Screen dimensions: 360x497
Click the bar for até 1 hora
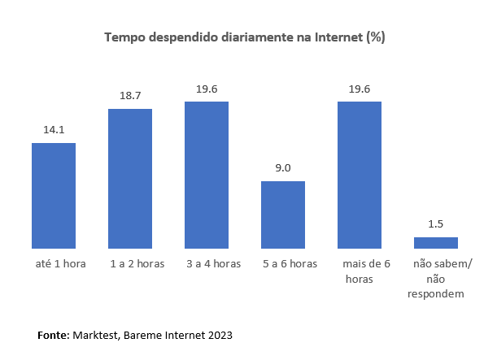(x=54, y=195)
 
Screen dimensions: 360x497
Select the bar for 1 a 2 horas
(x=130, y=178)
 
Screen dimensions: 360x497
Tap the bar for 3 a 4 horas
(x=207, y=175)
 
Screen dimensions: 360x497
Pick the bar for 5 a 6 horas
(x=283, y=215)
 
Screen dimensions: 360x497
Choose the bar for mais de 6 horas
(x=360, y=175)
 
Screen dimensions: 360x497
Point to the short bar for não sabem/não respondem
(x=436, y=242)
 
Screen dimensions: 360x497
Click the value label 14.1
(x=54, y=128)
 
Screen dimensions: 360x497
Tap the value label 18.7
(x=130, y=94)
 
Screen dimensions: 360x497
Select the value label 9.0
(x=283, y=167)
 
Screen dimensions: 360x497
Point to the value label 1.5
(x=436, y=223)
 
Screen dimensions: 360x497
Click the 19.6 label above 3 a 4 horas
(x=207, y=88)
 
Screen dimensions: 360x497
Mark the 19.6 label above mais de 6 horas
(x=360, y=88)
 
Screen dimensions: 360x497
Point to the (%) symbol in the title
(x=376, y=37)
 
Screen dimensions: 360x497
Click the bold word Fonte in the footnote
(x=53, y=334)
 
